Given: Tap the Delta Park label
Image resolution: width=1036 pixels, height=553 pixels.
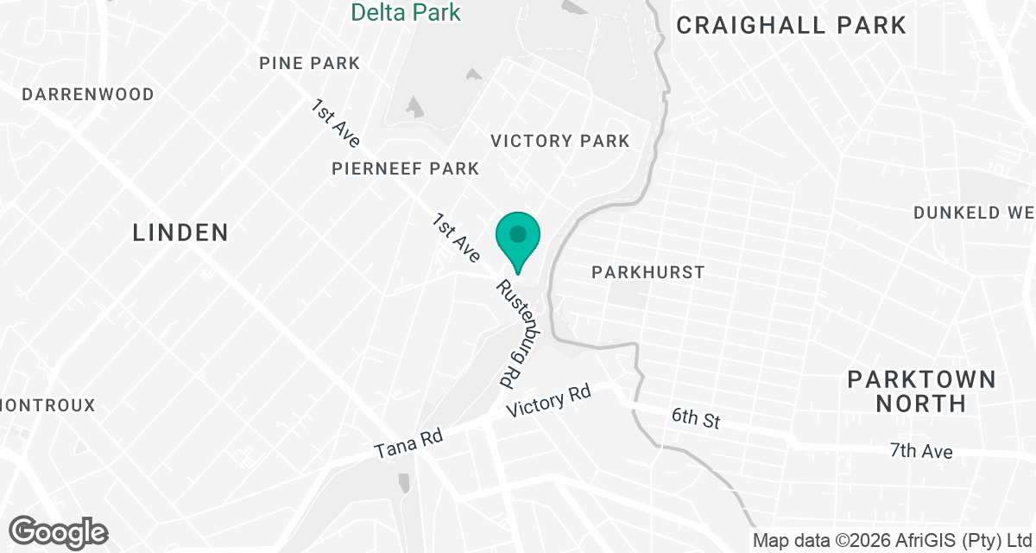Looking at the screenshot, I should pyautogui.click(x=406, y=12).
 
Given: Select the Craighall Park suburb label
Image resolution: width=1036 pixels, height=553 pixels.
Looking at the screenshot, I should pyautogui.click(x=791, y=25).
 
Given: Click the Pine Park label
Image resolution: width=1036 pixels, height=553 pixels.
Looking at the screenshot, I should pyautogui.click(x=310, y=64).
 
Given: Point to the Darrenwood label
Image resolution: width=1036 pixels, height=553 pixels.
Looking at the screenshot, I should pyautogui.click(x=88, y=94).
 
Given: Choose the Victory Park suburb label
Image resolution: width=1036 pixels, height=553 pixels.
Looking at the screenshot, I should pyautogui.click(x=560, y=141).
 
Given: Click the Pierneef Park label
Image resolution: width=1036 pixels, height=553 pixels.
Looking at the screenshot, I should pyautogui.click(x=405, y=168).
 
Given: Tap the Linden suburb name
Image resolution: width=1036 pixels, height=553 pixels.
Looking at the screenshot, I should pyautogui.click(x=180, y=232).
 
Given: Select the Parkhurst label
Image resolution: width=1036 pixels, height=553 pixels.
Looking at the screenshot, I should pyautogui.click(x=647, y=272).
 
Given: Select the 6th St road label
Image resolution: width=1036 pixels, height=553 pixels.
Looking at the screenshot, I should pyautogui.click(x=696, y=420).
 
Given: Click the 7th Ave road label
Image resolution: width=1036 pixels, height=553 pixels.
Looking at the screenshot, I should pyautogui.click(x=921, y=451).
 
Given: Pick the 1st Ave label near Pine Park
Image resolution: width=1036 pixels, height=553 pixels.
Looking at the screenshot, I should pyautogui.click(x=336, y=123).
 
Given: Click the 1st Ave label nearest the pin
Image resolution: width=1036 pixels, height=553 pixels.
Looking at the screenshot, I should pyautogui.click(x=457, y=240).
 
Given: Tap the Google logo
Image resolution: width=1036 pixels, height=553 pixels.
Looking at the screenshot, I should pyautogui.click(x=59, y=532).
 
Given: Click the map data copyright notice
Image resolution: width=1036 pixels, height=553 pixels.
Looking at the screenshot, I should pyautogui.click(x=893, y=541).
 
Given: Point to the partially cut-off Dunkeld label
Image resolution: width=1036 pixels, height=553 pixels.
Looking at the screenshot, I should pyautogui.click(x=974, y=213).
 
